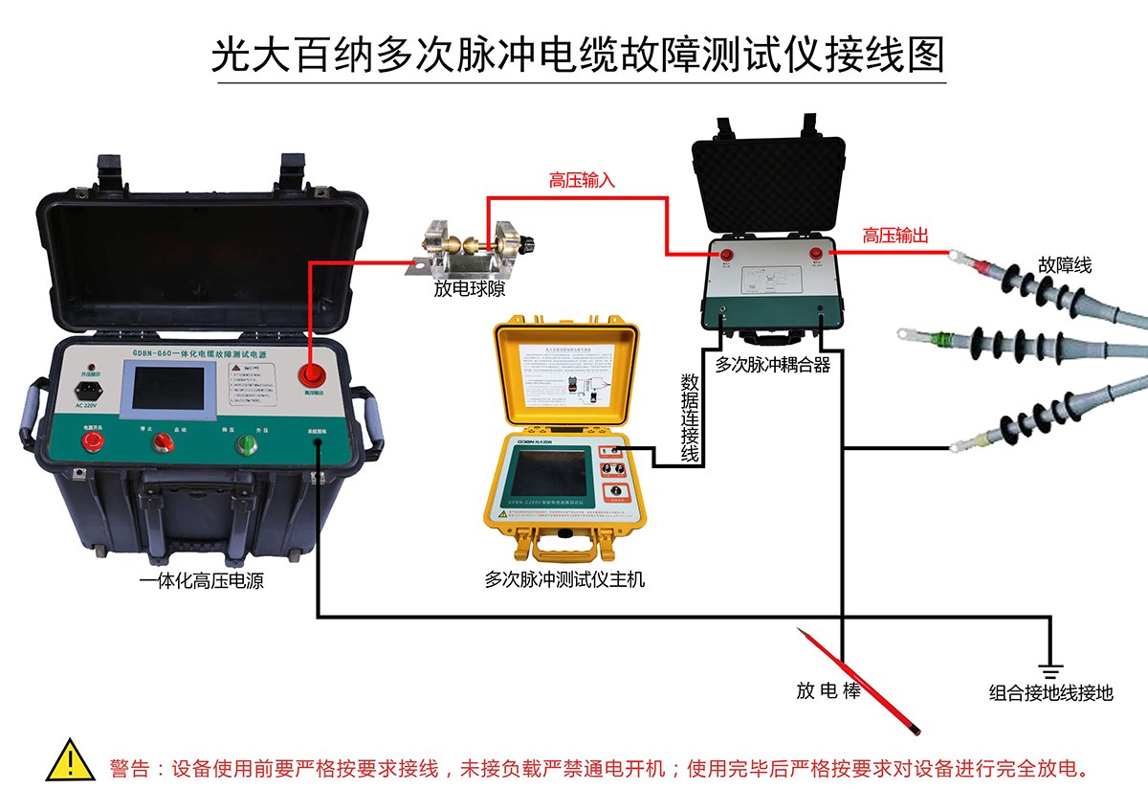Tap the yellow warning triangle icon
coord(69,759)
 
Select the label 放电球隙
coord(469,288)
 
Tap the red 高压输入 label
coord(582,180)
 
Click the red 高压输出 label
coord(896,236)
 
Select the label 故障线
coord(1065,265)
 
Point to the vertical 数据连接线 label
coord(689,418)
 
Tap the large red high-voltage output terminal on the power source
coord(311,374)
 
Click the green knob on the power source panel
coord(247,442)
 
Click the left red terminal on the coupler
coord(726,255)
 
